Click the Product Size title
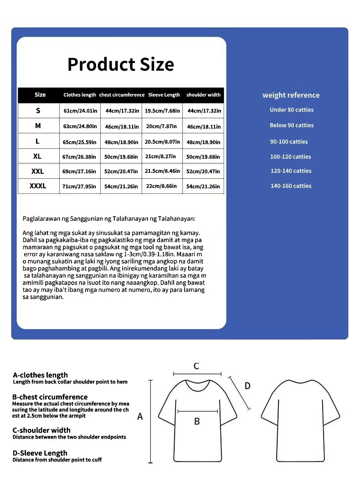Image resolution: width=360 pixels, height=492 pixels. (x=121, y=64)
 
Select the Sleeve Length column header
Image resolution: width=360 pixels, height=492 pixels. (x=164, y=95)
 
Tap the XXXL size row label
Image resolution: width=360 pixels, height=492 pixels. (x=38, y=186)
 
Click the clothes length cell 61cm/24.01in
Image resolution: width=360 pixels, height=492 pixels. (x=80, y=111)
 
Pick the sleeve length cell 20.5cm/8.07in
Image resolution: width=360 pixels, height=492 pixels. (x=162, y=142)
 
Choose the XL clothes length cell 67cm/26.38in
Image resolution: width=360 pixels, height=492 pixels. (x=80, y=157)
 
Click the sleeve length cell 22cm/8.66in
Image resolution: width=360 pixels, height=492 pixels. (x=162, y=186)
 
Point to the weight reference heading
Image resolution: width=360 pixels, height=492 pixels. (x=291, y=95)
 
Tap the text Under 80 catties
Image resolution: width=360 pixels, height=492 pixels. (x=292, y=110)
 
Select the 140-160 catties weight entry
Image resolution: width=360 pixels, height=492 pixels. (x=291, y=186)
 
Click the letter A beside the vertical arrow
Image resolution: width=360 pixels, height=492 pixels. (x=140, y=416)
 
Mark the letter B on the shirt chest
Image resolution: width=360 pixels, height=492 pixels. (x=197, y=421)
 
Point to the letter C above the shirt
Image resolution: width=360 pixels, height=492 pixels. (x=196, y=366)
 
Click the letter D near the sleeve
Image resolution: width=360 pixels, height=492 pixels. (x=247, y=386)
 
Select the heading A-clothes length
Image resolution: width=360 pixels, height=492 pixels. (x=41, y=375)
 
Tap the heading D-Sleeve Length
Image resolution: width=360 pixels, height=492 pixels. (x=40, y=453)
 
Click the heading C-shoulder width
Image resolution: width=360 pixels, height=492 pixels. (x=41, y=430)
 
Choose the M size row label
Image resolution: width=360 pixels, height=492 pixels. (x=38, y=125)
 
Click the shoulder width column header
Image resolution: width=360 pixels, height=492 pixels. (x=203, y=95)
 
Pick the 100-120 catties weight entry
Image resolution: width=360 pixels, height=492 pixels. (x=291, y=157)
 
